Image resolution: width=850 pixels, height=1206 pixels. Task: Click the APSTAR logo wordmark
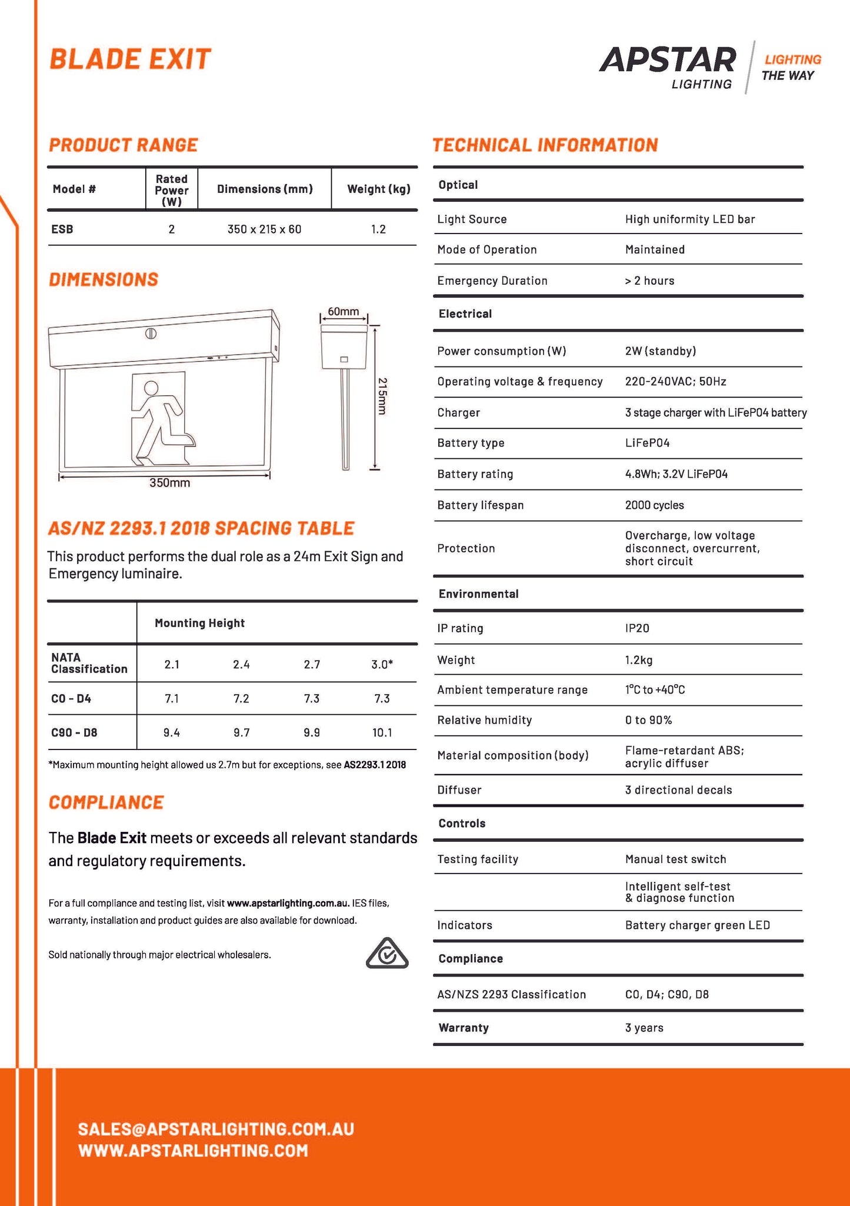pos(668,60)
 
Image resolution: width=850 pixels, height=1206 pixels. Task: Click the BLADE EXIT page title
pos(130,59)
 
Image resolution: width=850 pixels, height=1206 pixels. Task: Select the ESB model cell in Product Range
pos(62,229)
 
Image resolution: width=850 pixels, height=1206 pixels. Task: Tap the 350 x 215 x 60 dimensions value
pos(264,229)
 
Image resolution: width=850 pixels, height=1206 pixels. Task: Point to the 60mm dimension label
pos(343,311)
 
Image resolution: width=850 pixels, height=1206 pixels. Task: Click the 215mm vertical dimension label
pos(382,396)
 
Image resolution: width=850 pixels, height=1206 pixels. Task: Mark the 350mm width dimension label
pos(169,483)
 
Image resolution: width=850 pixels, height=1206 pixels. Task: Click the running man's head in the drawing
pos(151,388)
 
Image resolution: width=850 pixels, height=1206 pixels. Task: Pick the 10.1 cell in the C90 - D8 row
pos(382,732)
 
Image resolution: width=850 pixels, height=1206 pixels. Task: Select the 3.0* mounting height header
pos(382,664)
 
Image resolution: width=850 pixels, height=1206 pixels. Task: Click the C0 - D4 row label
pos(71,699)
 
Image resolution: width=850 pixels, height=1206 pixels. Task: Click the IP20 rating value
pos(637,628)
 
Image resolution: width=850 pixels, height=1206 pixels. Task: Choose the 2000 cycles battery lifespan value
pos(654,505)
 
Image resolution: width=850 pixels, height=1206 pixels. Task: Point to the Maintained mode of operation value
pos(655,249)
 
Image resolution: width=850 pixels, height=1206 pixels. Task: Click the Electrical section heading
pos(465,314)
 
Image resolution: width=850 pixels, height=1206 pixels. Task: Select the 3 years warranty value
pos(644,1028)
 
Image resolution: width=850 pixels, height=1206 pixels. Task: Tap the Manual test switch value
pos(675,859)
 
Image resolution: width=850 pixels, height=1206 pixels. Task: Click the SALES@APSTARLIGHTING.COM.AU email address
pos(216,1129)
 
